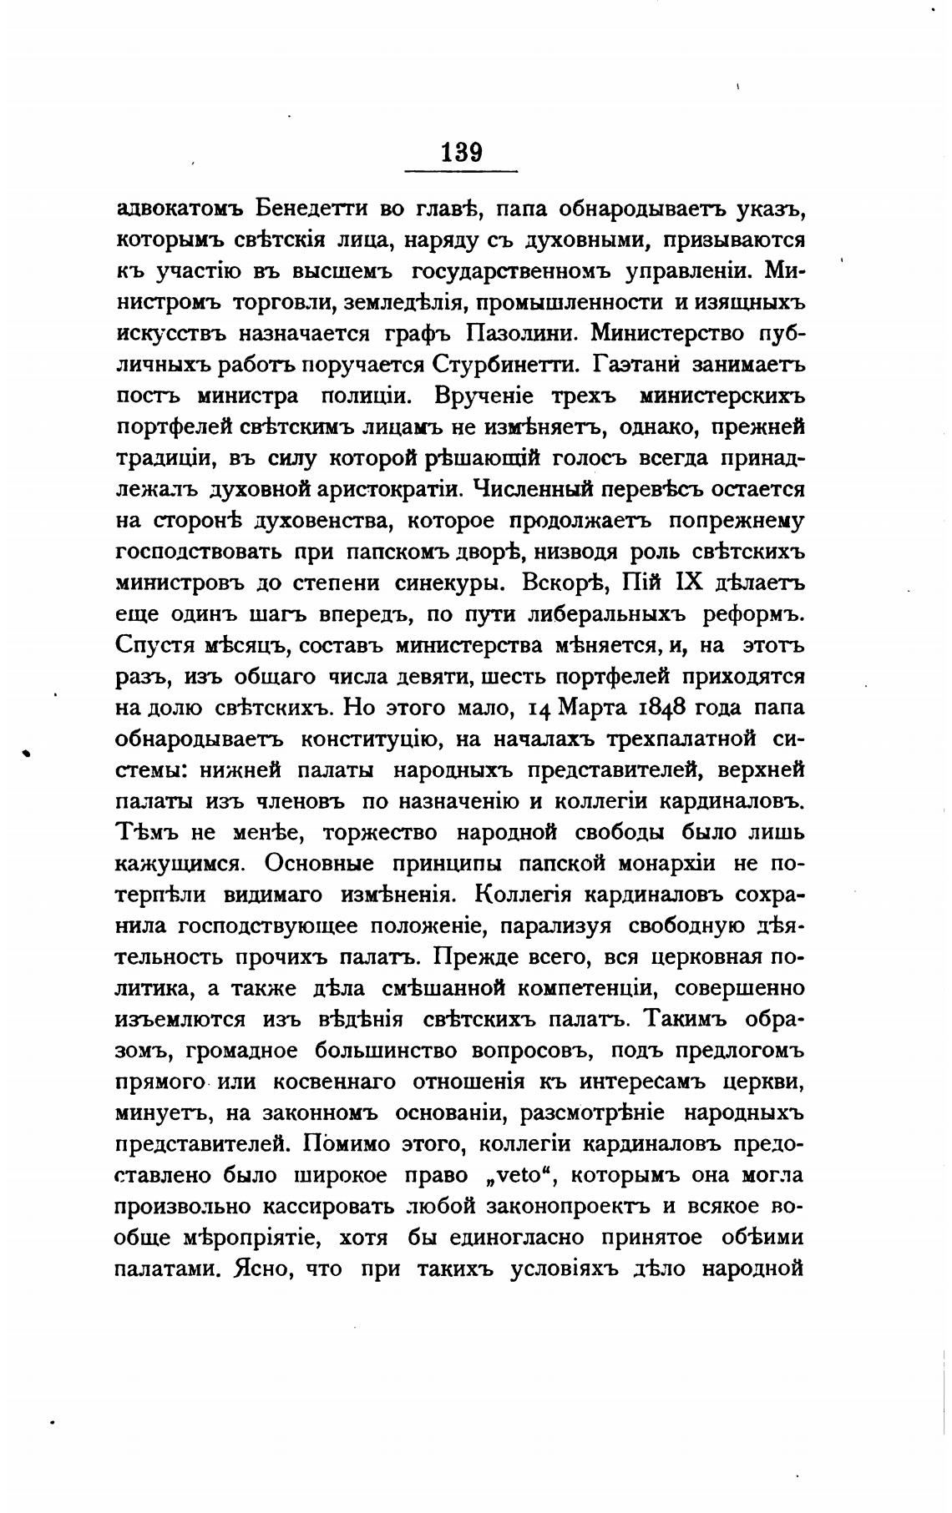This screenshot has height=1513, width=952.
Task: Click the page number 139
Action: (461, 152)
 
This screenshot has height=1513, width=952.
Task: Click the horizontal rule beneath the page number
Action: (461, 172)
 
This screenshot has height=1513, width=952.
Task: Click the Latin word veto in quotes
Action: (510, 1176)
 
